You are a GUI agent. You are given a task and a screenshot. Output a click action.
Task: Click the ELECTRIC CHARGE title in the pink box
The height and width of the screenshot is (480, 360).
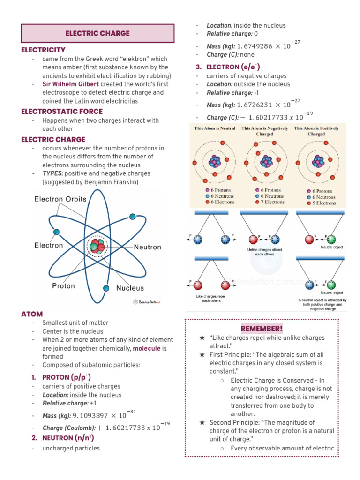pyautogui.click(x=97, y=33)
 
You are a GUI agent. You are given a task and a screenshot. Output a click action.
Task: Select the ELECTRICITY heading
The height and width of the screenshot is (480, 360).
pyautogui.click(x=44, y=50)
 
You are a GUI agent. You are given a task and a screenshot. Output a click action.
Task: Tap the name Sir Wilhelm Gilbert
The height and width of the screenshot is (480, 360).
pyautogui.click(x=70, y=84)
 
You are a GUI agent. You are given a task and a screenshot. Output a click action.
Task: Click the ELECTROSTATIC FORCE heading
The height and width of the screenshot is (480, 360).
pyautogui.click(x=62, y=112)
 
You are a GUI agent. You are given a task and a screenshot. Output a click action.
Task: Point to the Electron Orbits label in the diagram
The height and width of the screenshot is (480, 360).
pyautogui.click(x=60, y=199)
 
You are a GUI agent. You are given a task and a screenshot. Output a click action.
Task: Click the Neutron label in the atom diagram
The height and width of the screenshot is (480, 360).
pyautogui.click(x=147, y=247)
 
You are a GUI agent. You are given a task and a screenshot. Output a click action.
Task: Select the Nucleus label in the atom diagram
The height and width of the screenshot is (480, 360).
pyautogui.click(x=130, y=288)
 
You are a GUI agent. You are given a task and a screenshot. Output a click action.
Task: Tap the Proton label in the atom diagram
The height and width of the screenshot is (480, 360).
pyautogui.click(x=63, y=285)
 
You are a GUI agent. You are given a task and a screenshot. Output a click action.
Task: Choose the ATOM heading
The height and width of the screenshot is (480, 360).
pyautogui.click(x=32, y=314)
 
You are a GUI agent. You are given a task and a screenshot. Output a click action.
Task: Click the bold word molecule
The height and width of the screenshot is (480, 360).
pyautogui.click(x=146, y=348)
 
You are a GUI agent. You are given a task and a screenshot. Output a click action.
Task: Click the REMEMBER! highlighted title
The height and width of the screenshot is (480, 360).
pyautogui.click(x=262, y=328)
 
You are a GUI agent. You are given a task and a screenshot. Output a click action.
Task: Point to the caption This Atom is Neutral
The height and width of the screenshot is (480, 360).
pyautogui.click(x=215, y=128)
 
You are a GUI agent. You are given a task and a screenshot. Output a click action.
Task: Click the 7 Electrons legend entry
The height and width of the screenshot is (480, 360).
pyautogui.click(x=269, y=202)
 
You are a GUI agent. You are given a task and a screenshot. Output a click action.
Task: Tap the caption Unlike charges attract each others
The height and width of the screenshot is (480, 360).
pyautogui.click(x=265, y=252)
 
